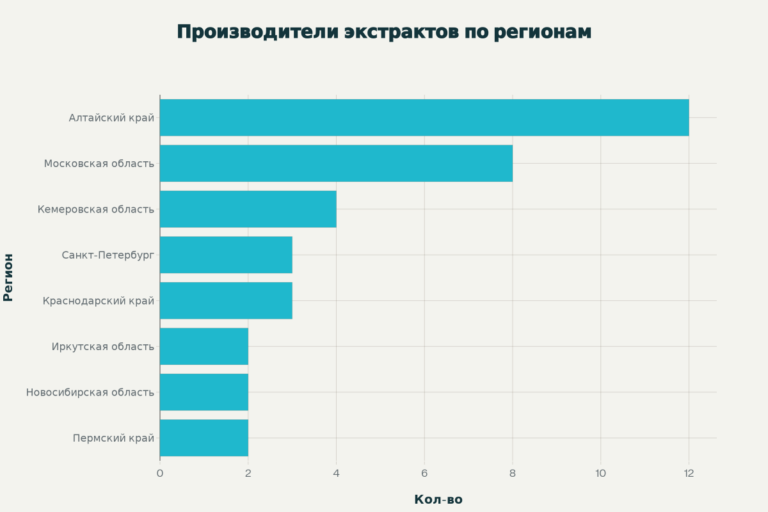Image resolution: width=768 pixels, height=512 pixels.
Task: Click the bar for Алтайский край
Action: [424, 118]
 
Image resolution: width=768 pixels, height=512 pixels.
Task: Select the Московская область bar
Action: [336, 163]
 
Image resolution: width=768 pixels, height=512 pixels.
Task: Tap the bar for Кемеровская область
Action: [248, 209]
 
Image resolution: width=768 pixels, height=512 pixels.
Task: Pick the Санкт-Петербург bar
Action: [226, 255]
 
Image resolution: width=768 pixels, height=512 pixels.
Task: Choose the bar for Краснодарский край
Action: [226, 301]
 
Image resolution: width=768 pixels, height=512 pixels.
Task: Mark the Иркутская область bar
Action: [204, 346]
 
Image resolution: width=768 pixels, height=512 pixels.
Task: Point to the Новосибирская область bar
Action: [204, 392]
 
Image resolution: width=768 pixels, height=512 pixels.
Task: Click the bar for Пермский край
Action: [204, 438]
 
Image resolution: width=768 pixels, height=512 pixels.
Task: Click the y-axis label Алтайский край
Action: [111, 118]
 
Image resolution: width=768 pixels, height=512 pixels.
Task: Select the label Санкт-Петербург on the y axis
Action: [108, 255]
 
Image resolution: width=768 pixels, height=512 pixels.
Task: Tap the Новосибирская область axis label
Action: [90, 392]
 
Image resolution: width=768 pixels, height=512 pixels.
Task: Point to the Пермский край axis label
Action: [113, 438]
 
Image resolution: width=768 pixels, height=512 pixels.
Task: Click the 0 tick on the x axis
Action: [160, 474]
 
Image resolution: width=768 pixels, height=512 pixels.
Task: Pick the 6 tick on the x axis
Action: [424, 474]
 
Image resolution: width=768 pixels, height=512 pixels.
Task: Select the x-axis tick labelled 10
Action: [600, 474]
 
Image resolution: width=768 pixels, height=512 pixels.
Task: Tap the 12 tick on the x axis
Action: [689, 474]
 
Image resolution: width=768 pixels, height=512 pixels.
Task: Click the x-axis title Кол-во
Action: [438, 500]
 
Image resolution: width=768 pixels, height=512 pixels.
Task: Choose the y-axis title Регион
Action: [8, 277]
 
